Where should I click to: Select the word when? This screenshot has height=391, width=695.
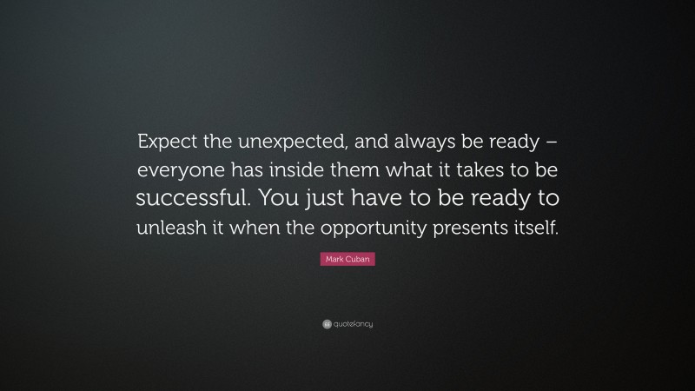252,229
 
